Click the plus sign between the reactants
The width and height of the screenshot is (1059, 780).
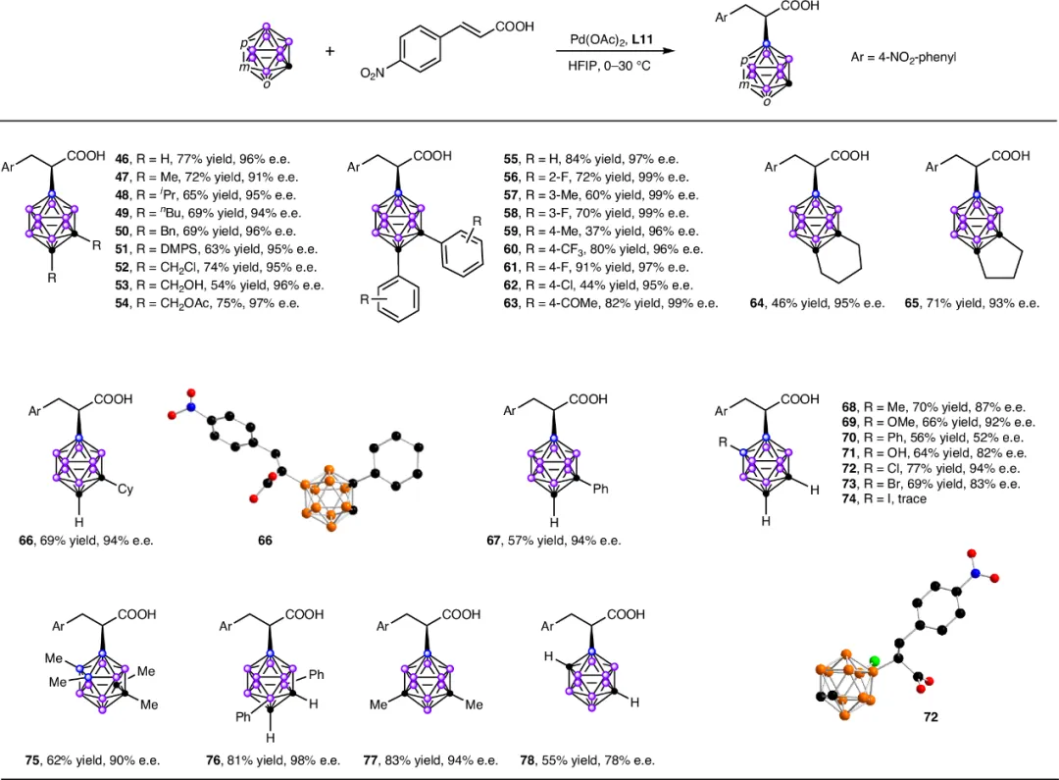pyautogui.click(x=329, y=49)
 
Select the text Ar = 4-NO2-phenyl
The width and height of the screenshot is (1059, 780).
pyautogui.click(x=902, y=58)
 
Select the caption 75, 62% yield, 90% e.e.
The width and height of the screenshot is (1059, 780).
pyautogui.click(x=92, y=759)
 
